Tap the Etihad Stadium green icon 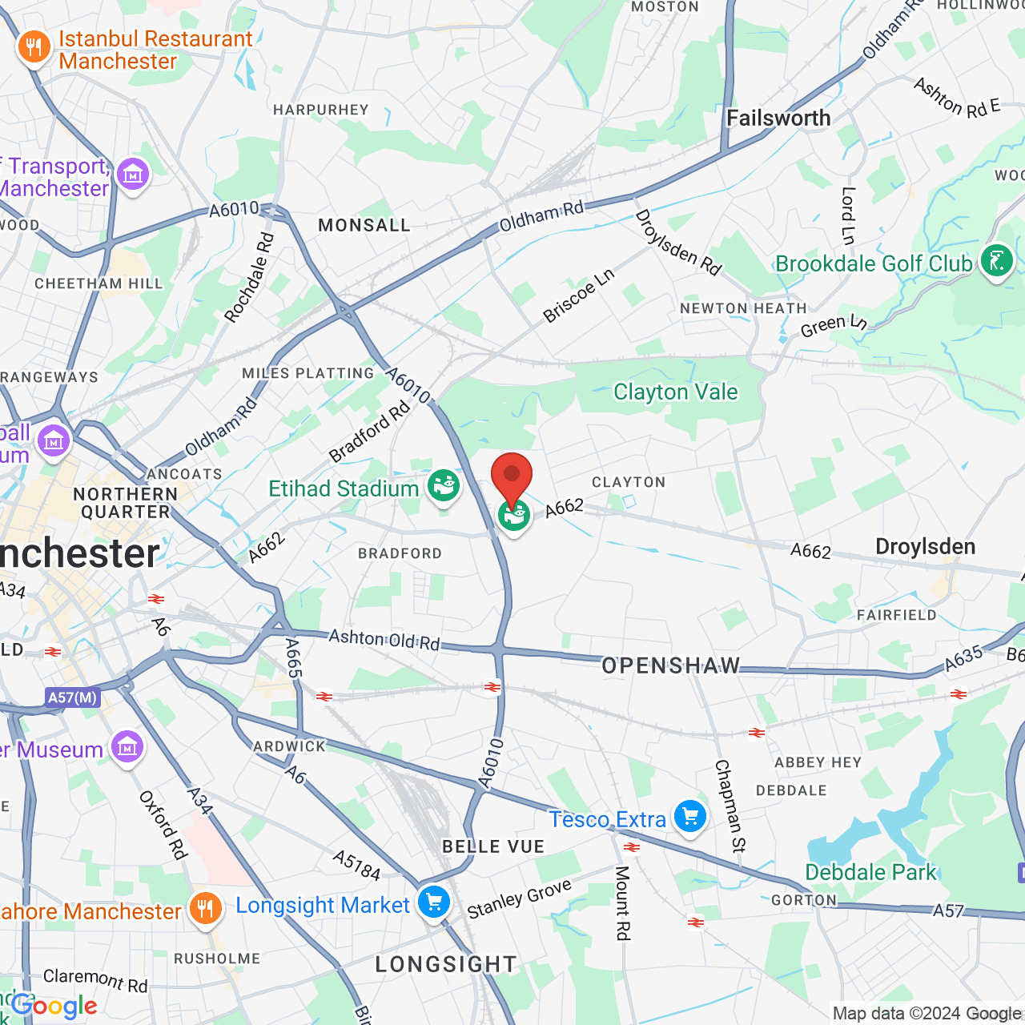pyautogui.click(x=443, y=486)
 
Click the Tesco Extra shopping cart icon pyautogui.click(x=690, y=817)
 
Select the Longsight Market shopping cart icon pyautogui.click(x=434, y=902)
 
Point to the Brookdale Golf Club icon pyautogui.click(x=997, y=261)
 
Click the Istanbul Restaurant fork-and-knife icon pyautogui.click(x=34, y=48)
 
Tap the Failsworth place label pyautogui.click(x=778, y=119)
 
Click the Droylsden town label pyautogui.click(x=925, y=547)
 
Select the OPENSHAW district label pyautogui.click(x=671, y=665)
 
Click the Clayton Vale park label pyautogui.click(x=675, y=392)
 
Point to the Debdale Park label pyautogui.click(x=870, y=872)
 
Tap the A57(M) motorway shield pyautogui.click(x=72, y=697)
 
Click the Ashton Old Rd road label pyautogui.click(x=384, y=639)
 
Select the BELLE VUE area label pyautogui.click(x=493, y=846)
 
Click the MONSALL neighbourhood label pyautogui.click(x=364, y=226)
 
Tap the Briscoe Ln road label pyautogui.click(x=578, y=295)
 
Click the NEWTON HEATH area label pyautogui.click(x=743, y=308)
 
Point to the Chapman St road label pyautogui.click(x=730, y=806)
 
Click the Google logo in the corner pyautogui.click(x=54, y=1006)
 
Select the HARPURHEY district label pyautogui.click(x=321, y=110)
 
